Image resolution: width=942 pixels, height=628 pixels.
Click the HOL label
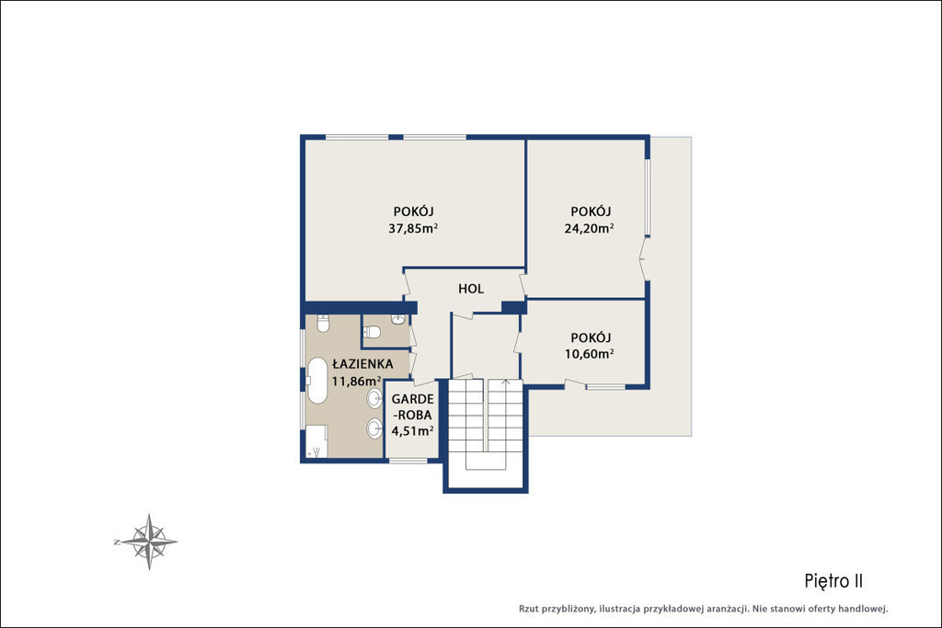(471, 289)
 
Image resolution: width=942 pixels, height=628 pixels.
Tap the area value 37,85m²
(413, 228)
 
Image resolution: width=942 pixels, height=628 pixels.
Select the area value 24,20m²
(589, 228)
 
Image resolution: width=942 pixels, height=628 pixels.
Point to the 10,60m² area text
(589, 354)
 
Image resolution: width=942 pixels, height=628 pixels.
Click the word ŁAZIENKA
(362, 364)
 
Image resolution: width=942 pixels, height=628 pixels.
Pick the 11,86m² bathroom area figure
(357, 381)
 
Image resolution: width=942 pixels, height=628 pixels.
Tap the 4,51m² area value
(413, 430)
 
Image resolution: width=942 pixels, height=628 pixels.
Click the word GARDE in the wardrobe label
(413, 399)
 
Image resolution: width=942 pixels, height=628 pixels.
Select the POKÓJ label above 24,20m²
(591, 211)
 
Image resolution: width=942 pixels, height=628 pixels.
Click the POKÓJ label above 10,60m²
(591, 337)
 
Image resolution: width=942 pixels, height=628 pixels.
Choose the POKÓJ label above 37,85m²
(413, 211)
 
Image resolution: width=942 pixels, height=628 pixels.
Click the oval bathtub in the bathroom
(317, 381)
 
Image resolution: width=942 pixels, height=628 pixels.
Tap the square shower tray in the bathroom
(316, 441)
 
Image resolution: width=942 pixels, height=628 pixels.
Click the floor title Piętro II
(833, 581)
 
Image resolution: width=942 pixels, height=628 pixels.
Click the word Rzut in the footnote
(529, 609)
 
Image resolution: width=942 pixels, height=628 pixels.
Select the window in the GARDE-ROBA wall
(408, 461)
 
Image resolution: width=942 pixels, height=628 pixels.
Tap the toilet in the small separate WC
(372, 332)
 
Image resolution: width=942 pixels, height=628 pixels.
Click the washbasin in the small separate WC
(397, 319)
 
